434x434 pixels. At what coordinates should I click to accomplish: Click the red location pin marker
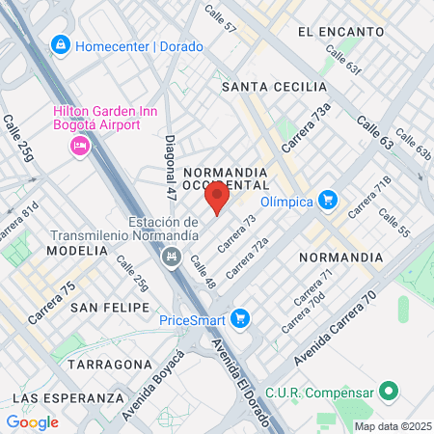tap(217, 199)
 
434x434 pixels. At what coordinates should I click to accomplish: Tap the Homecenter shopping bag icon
tap(61, 44)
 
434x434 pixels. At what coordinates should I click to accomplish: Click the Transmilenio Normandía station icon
tap(172, 256)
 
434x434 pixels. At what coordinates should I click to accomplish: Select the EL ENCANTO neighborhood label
tap(341, 32)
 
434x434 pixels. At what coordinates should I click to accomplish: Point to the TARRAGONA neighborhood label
tap(109, 366)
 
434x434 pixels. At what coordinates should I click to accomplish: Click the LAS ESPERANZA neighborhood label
tap(69, 397)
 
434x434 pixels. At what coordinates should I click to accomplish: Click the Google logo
tap(32, 421)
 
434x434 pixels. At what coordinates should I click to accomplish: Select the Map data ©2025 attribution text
tap(391, 426)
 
